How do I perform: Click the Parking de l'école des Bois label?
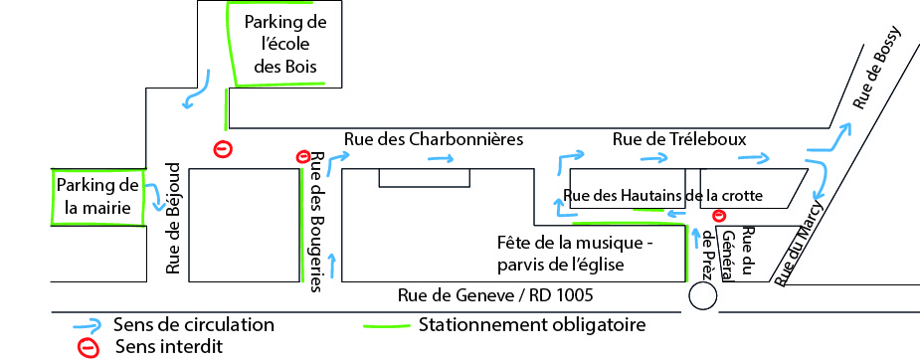pos(286,45)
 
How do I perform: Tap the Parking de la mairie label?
pos(97,196)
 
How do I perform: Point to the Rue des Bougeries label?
pos(316,222)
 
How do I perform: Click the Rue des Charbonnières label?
pos(433,138)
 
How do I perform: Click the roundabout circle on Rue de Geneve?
pos(703,296)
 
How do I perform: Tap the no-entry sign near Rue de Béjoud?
pos(224,149)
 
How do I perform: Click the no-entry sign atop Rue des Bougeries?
pos(303,156)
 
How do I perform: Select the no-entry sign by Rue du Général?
pos(719,216)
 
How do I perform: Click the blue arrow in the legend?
pos(88,325)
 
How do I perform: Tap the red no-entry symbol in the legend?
pos(88,347)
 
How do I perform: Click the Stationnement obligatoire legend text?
pos(532,325)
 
